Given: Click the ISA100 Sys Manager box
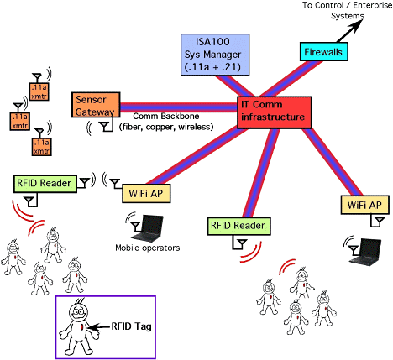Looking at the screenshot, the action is click(215, 55).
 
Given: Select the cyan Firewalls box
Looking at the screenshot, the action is click(324, 51).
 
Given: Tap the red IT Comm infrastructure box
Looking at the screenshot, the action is click(275, 112).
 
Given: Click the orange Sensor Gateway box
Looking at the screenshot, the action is click(96, 105).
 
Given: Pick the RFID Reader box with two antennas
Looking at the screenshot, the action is click(45, 184).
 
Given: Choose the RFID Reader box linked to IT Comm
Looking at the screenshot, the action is click(238, 226).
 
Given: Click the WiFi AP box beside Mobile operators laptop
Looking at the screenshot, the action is click(146, 193).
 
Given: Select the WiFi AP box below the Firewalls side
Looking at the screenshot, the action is click(365, 205).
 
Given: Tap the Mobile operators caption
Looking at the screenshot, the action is click(148, 248).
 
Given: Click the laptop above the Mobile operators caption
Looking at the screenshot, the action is click(148, 228).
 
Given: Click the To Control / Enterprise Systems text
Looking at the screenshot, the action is click(348, 10).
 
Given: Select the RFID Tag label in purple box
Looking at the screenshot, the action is click(132, 326).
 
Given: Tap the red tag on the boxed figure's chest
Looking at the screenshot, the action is click(82, 326).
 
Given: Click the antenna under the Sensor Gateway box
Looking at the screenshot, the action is click(105, 127).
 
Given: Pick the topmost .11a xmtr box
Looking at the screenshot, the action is click(39, 91).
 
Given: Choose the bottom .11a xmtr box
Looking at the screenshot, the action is click(42, 146).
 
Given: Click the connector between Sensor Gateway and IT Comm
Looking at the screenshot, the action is click(179, 107).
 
